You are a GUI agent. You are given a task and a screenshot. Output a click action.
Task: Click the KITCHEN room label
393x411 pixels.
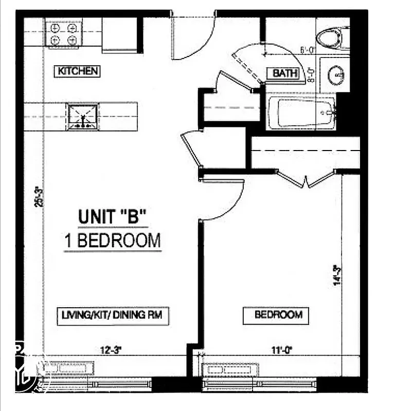pos(77,71)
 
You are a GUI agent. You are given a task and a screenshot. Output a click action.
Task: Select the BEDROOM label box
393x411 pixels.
pos(276,315)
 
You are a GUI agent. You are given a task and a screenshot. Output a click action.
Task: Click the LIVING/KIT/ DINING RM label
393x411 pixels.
pos(111,315)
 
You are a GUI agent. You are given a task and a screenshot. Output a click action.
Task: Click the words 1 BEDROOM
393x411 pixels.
pos(113,240)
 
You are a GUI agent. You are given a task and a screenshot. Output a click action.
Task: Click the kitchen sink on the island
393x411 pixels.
pos(82,116)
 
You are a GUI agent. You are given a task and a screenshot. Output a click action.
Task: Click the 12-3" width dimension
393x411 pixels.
pos(111,350)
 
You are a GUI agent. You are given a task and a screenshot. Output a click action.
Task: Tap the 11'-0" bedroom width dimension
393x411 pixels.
pos(282,350)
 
